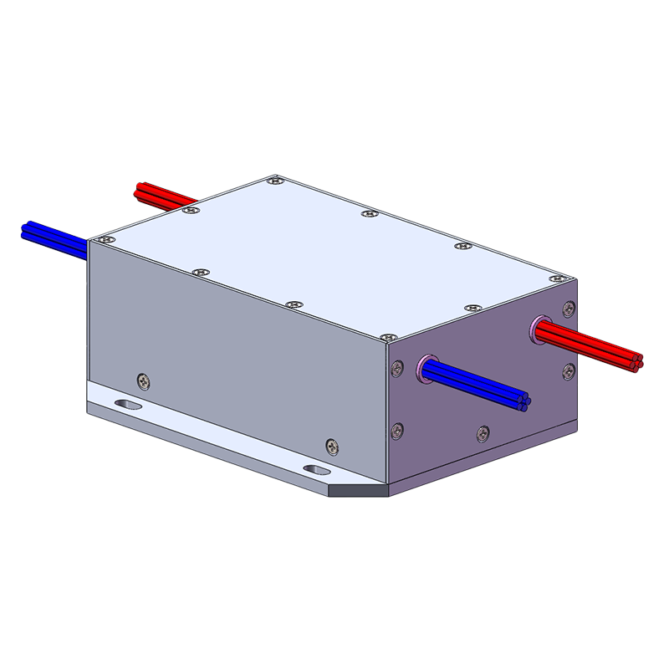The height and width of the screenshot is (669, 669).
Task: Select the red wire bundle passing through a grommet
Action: [x=585, y=344]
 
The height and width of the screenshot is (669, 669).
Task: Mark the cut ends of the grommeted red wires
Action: [x=637, y=360]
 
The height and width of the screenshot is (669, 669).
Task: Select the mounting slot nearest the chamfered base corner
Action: [x=317, y=471]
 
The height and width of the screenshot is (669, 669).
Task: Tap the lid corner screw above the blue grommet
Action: [x=387, y=337]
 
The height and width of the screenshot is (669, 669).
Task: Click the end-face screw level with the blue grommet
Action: [x=397, y=368]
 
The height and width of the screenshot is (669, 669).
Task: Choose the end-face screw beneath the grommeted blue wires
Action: [x=482, y=432]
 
